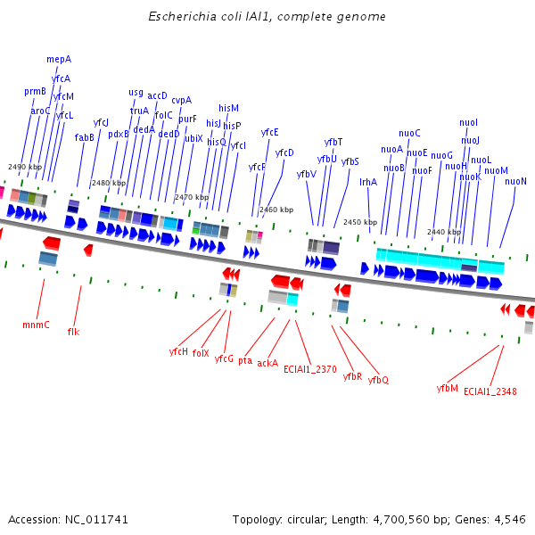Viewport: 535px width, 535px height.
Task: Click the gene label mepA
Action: tap(59, 59)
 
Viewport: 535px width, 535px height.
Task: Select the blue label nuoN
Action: tap(515, 181)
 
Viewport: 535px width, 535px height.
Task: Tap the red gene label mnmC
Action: tap(36, 325)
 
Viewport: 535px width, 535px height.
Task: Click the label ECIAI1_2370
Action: tap(310, 368)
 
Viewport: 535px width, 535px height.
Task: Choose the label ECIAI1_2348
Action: tap(490, 391)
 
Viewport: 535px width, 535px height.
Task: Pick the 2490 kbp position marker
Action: tap(25, 167)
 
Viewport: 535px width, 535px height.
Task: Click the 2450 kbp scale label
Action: tap(360, 222)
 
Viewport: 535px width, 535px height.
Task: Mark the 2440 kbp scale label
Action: tap(444, 232)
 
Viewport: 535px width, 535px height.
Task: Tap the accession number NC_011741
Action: tap(96, 519)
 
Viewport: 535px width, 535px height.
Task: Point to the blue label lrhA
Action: tap(368, 182)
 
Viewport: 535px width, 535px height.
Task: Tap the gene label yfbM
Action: tap(447, 388)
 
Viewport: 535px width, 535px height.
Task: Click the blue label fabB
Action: tap(84, 137)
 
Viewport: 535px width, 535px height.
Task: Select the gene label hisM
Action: tap(228, 108)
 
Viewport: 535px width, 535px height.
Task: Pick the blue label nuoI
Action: tap(468, 122)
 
